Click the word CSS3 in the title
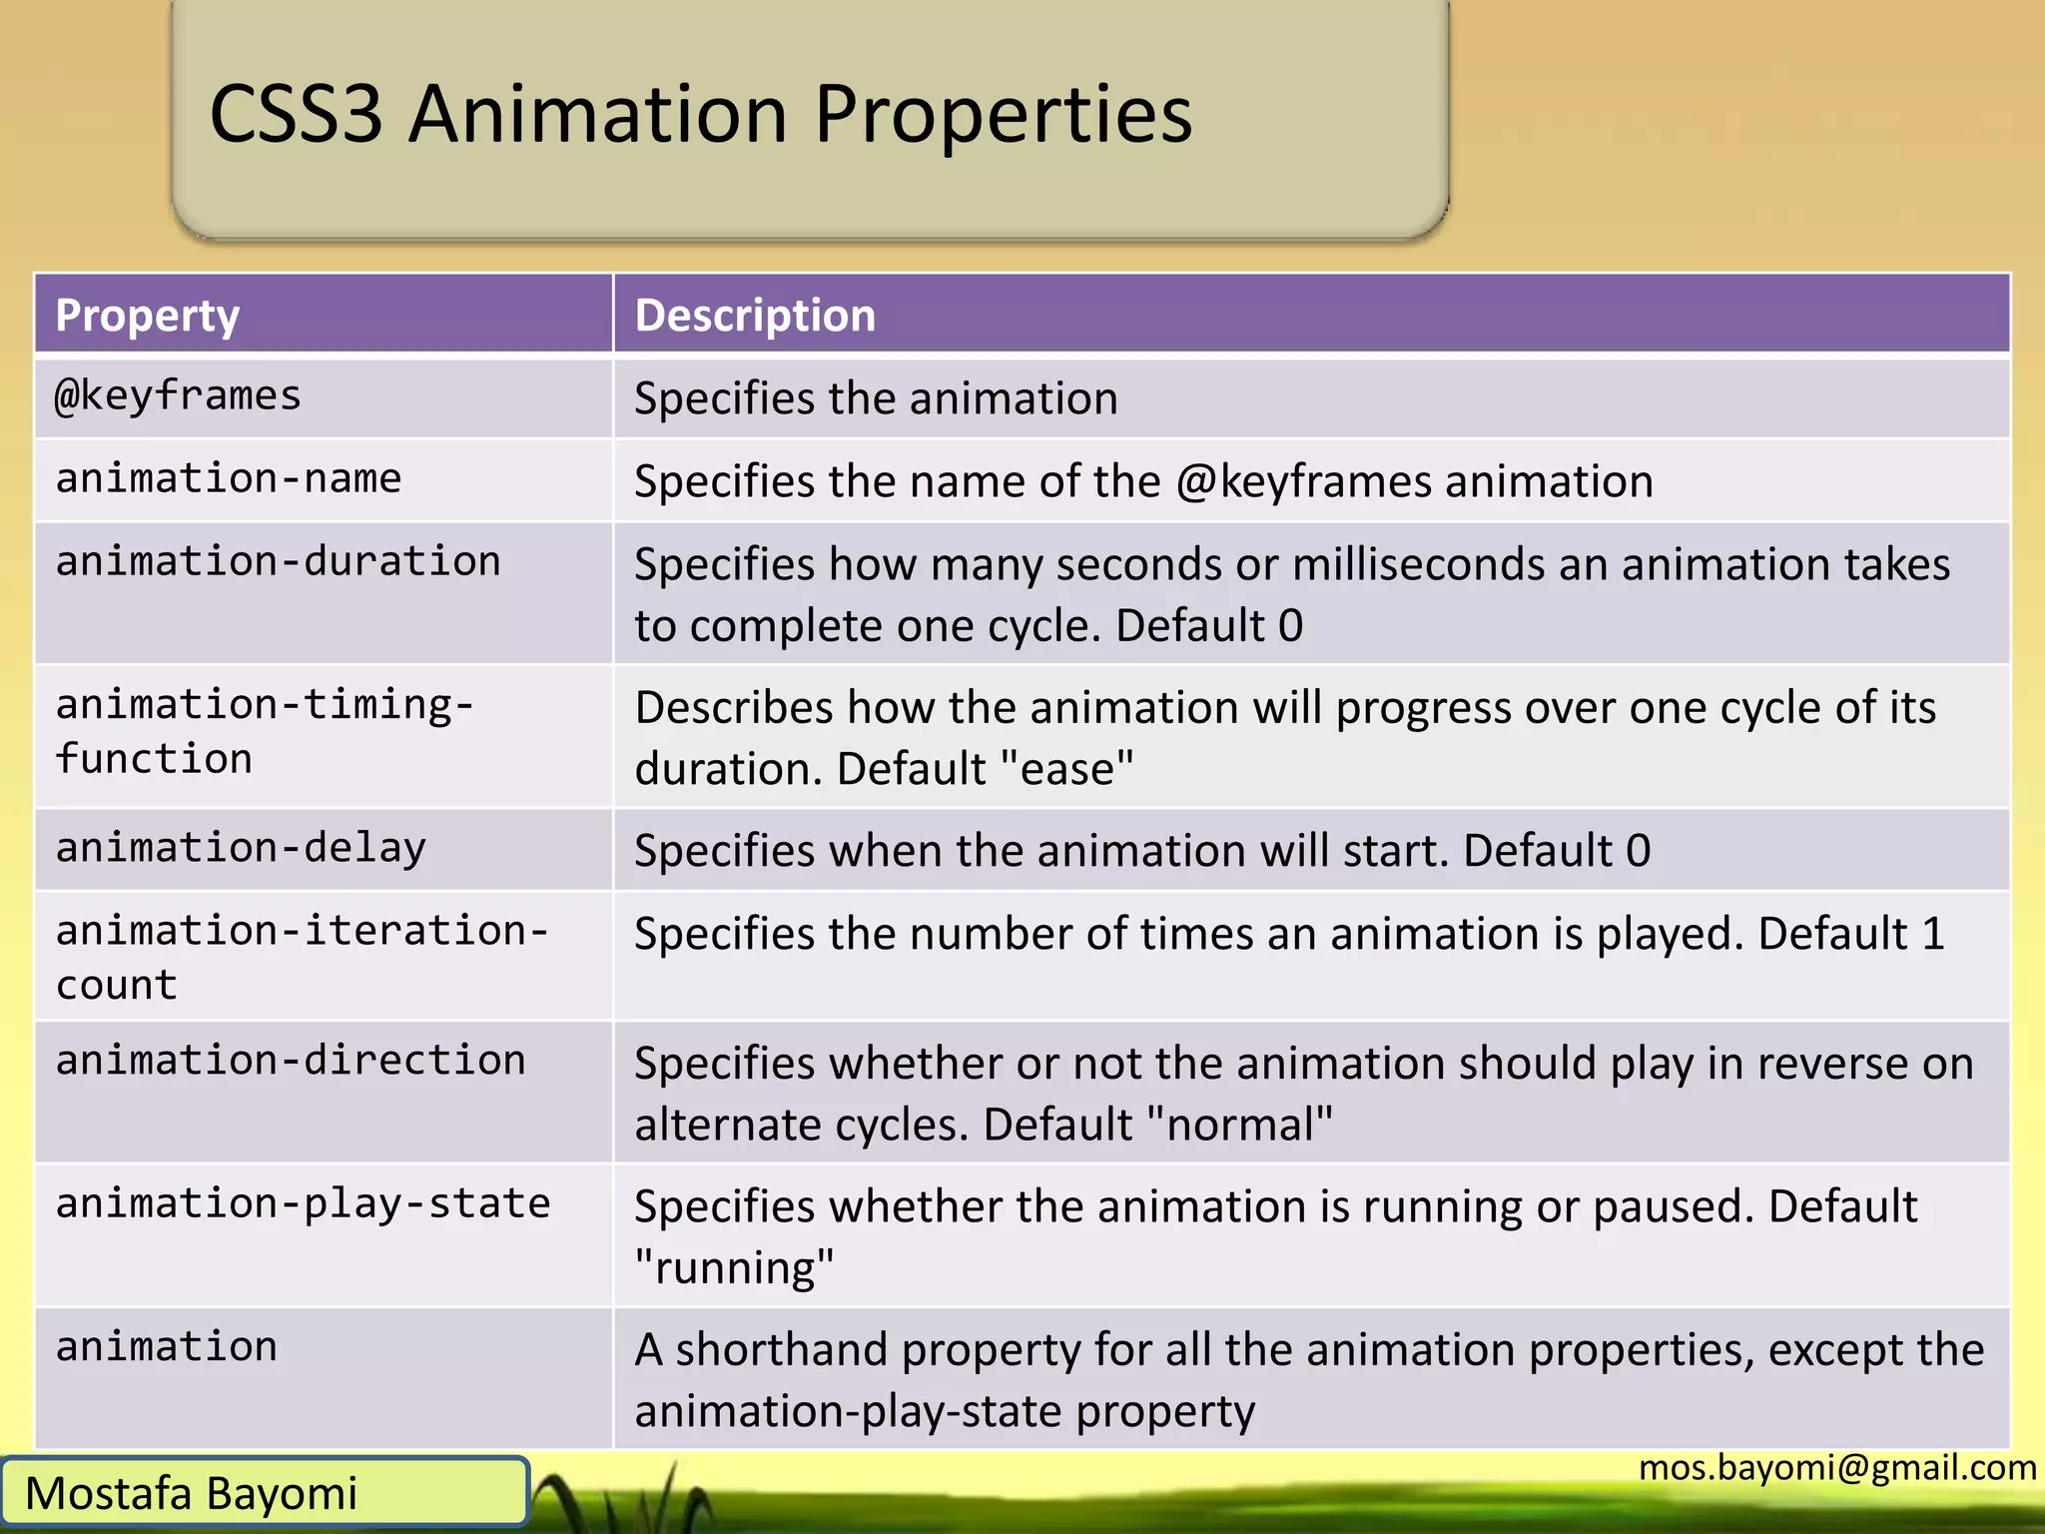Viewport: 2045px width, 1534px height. tap(296, 114)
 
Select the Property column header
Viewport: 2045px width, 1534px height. tap(148, 316)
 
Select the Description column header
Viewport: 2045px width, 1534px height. tap(755, 316)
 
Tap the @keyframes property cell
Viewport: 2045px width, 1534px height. tap(178, 396)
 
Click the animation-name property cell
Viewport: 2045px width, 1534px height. tap(228, 479)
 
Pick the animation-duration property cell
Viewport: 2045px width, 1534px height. tap(278, 562)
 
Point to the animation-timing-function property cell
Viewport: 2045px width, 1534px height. tap(264, 732)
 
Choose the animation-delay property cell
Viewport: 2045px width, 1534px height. tap(241, 849)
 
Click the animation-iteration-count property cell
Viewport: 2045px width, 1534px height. tap(302, 957)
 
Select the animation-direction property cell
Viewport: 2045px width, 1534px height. tap(290, 1061)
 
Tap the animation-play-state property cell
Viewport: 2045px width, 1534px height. tap(303, 1204)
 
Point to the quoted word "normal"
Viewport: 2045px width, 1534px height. tap(1239, 1126)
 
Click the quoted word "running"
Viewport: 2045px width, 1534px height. tap(735, 1268)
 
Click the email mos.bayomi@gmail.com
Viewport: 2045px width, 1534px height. tap(1837, 1467)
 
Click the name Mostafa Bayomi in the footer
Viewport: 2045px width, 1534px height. tap(191, 1494)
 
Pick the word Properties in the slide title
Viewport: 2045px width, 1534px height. tap(1003, 114)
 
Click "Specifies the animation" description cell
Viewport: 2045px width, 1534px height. tap(876, 398)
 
